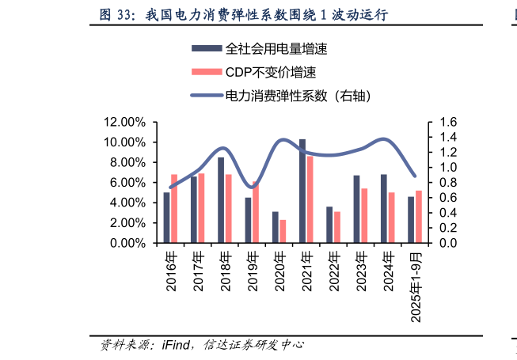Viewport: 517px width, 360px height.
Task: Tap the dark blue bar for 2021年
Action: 302,191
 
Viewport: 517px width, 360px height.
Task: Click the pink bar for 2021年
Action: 310,199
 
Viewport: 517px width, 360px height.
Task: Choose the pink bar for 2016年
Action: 174,208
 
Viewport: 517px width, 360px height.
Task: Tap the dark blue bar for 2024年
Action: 383,208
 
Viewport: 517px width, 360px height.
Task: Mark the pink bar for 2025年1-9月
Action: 419,217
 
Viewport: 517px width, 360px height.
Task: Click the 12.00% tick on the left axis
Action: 124,122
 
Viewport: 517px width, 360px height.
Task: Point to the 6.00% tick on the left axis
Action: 127,183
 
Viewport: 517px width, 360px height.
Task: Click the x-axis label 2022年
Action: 333,271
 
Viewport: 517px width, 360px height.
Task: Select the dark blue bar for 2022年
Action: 329,225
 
